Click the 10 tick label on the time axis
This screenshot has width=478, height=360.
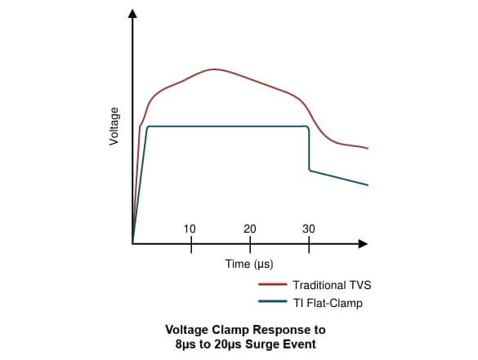click(190, 229)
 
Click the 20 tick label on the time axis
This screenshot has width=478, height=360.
click(250, 229)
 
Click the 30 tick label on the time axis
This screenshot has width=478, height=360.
click(309, 229)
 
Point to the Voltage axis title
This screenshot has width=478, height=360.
click(114, 127)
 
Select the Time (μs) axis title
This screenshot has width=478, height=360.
click(249, 264)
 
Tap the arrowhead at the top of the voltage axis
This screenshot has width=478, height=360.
click(132, 16)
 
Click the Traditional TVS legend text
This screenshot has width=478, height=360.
click(331, 285)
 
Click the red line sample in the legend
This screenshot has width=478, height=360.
click(271, 285)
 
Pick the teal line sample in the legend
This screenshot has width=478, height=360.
click(271, 303)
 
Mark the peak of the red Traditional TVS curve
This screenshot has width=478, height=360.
click(214, 69)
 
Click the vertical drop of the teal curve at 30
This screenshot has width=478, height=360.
click(309, 149)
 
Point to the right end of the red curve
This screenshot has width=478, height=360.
click(368, 149)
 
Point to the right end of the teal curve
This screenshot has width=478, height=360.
click(368, 185)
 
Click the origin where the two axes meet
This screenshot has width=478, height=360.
click(132, 243)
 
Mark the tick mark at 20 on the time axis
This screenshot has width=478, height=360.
click(250, 243)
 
